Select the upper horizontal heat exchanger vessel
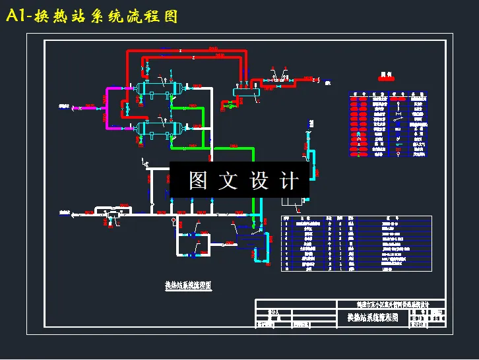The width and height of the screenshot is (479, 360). pyautogui.click(x=158, y=88)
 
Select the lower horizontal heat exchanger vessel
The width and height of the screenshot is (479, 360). pyautogui.click(x=158, y=127)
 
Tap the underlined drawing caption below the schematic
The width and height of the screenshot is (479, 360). pyautogui.click(x=188, y=285)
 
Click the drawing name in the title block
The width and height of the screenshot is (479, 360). pyautogui.click(x=373, y=318)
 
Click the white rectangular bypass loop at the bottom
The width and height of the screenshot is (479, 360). pyautogui.click(x=188, y=242)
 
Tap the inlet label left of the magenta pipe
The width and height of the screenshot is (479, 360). pyautogui.click(x=64, y=106)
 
